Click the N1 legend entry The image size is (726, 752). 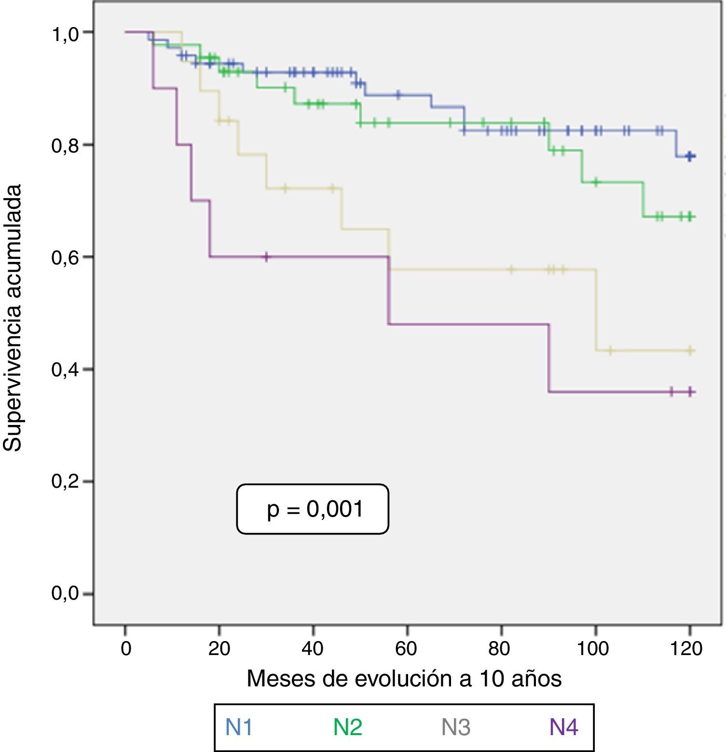pos(239,727)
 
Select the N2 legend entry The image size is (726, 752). pos(348,727)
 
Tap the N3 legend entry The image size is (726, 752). pos(456,727)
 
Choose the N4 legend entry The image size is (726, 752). pos(564,727)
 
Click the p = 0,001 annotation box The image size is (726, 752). pos(313,509)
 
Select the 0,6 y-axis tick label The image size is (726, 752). pos(65,258)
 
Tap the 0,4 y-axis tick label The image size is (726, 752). pos(65,370)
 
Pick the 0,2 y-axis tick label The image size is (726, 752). pos(65,482)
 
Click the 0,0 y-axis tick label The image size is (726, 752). pos(65,594)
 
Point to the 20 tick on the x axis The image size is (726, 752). pos(219,649)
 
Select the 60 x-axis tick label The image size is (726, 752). pos(407,649)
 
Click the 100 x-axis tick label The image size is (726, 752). pos(593,649)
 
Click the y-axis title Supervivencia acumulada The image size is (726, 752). pos(13,318)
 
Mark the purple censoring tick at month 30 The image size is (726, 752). pos(266,257)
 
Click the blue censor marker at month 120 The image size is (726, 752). pos(690,156)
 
